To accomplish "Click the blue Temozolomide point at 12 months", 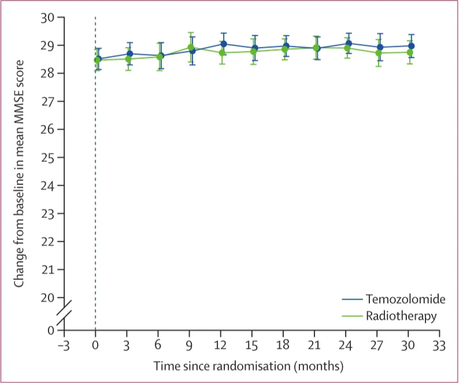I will pyautogui.click(x=223, y=44).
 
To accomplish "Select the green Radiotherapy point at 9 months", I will pyautogui.click(x=191, y=47).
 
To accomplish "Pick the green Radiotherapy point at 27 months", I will pyautogui.click(x=379, y=53).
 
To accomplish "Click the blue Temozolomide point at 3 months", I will pyautogui.click(x=129, y=54).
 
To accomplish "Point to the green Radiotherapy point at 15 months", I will pyautogui.click(x=254, y=51).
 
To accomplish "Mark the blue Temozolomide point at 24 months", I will pyautogui.click(x=348, y=43).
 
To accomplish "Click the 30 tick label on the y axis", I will pyautogui.click(x=48, y=17).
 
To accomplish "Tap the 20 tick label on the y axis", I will pyautogui.click(x=48, y=297).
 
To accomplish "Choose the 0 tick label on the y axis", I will pyautogui.click(x=51, y=330).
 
